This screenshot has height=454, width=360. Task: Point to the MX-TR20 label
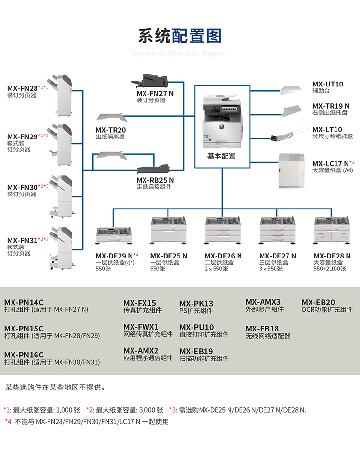click(x=110, y=130)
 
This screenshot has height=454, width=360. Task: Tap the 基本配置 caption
click(x=222, y=156)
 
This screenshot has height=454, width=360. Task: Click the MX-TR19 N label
click(x=331, y=106)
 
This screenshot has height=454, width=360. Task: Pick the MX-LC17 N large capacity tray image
click(x=291, y=171)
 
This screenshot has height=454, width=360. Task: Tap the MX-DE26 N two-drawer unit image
click(x=222, y=230)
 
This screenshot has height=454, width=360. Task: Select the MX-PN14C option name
click(x=24, y=302)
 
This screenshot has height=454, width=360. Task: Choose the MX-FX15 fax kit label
click(x=140, y=303)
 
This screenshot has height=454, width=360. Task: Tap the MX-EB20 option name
click(x=318, y=302)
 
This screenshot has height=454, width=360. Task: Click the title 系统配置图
click(x=180, y=36)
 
